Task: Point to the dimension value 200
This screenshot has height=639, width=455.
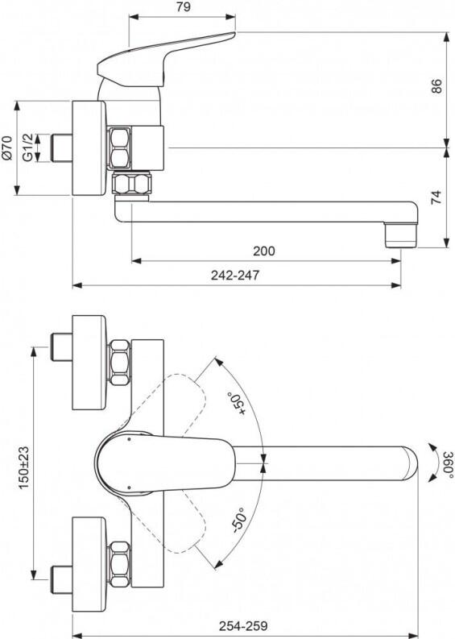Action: [x=263, y=251]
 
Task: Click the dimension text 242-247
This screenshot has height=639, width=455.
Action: [x=235, y=275]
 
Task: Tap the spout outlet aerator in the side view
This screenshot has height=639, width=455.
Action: [x=403, y=234]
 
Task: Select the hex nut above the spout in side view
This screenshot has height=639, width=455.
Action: [x=132, y=185]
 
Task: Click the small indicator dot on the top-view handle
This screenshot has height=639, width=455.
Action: [x=128, y=440]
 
